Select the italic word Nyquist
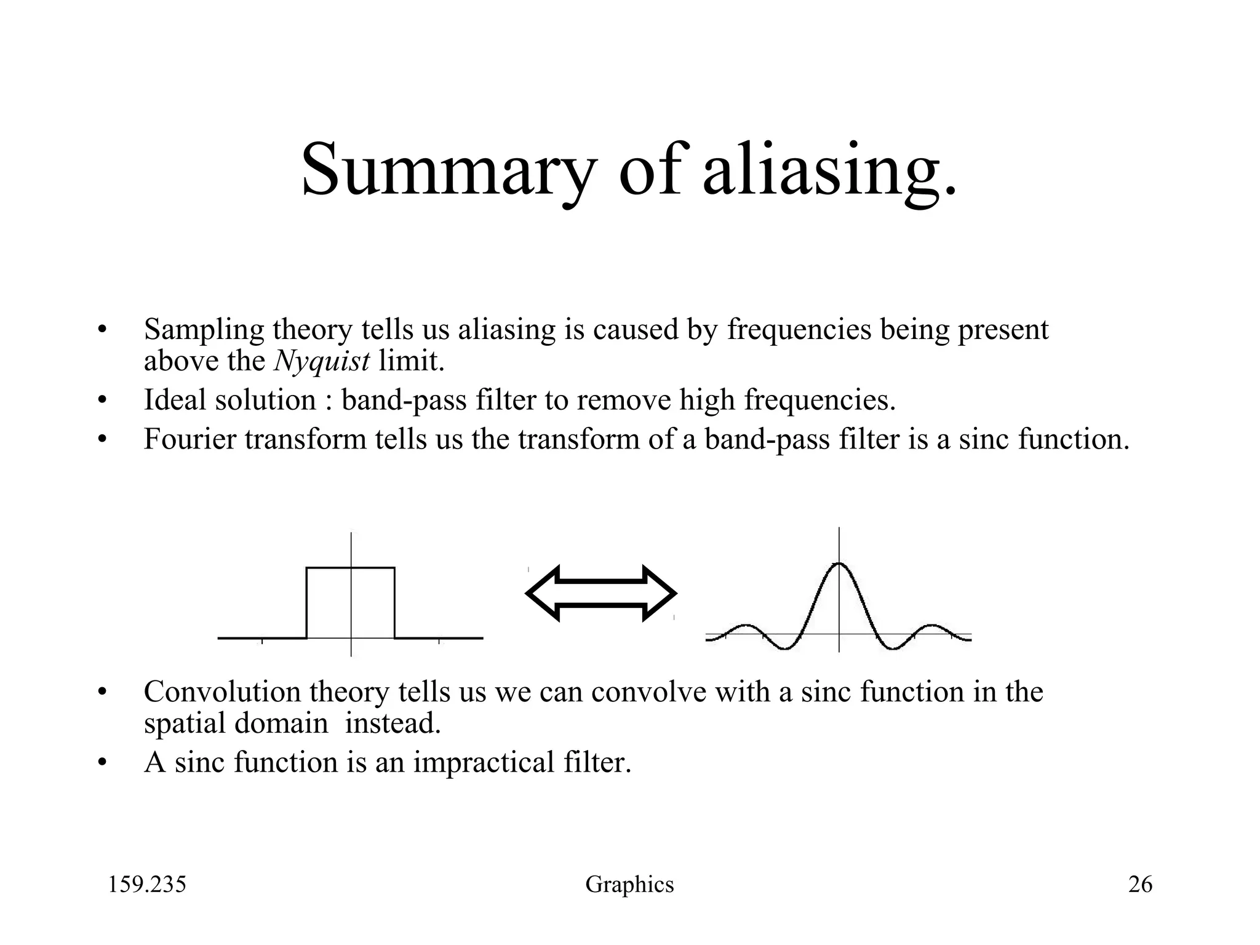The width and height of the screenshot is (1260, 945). pyautogui.click(x=321, y=361)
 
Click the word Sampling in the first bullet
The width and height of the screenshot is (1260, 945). pyautogui.click(x=203, y=330)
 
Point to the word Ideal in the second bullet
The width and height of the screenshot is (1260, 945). pyautogui.click(x=174, y=400)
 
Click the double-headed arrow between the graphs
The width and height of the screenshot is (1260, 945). pyautogui.click(x=601, y=593)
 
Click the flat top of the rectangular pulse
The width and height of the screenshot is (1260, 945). pyautogui.click(x=350, y=568)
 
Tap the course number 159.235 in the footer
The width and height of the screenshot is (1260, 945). pyautogui.click(x=147, y=885)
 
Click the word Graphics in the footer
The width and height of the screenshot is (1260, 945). pyautogui.click(x=629, y=885)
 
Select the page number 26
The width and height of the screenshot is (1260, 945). pyautogui.click(x=1140, y=885)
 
